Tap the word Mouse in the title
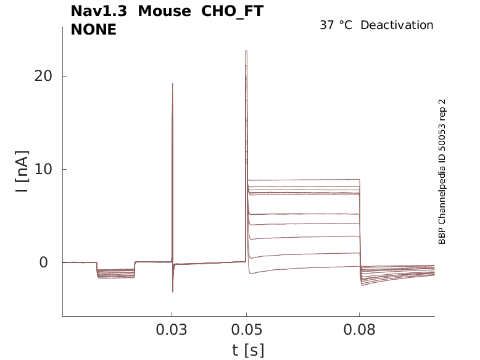click(x=165, y=11)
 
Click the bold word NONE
click(x=94, y=29)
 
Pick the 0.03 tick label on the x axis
click(x=172, y=329)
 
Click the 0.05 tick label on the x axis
click(x=246, y=329)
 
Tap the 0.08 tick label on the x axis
click(x=359, y=329)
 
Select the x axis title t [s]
click(x=248, y=350)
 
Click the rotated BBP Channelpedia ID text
click(x=442, y=172)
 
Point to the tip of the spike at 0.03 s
click(x=173, y=84)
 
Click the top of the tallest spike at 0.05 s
click(x=246, y=51)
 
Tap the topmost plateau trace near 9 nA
click(x=302, y=180)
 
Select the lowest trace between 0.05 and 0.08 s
click(x=302, y=269)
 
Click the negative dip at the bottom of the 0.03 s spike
click(x=173, y=291)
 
